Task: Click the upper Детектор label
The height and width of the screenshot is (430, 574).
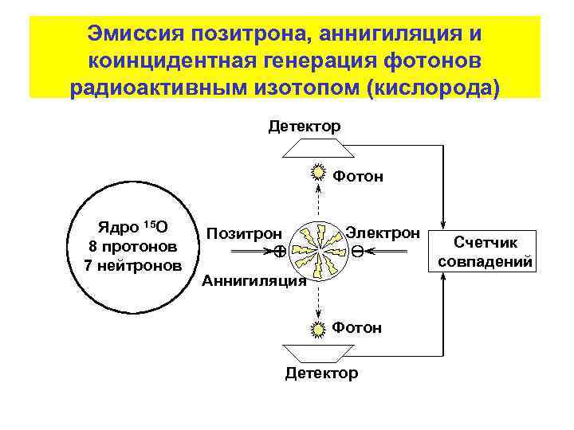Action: tap(305, 127)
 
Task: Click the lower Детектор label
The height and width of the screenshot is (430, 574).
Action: tap(321, 373)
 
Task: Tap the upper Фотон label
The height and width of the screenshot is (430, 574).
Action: tap(357, 177)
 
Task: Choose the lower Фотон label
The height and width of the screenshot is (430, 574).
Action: tap(356, 327)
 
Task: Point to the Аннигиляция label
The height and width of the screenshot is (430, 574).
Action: tap(254, 281)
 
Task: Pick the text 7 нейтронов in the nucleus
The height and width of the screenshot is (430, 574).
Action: tap(133, 264)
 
